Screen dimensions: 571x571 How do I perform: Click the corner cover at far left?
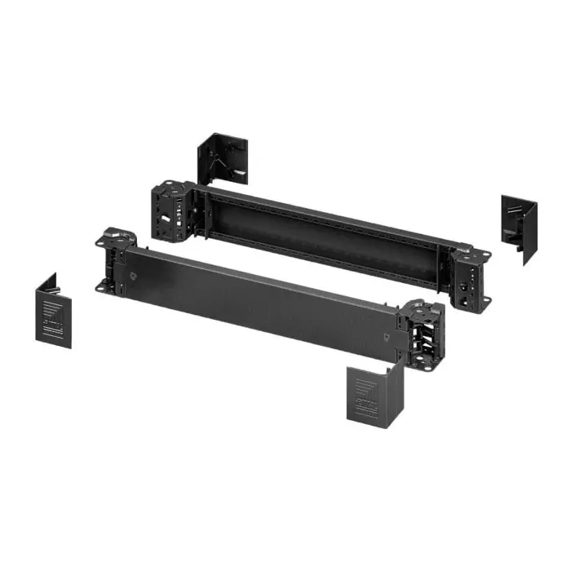54,311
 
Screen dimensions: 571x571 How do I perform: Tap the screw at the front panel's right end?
387,334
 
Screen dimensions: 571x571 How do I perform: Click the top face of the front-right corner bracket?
423,310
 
